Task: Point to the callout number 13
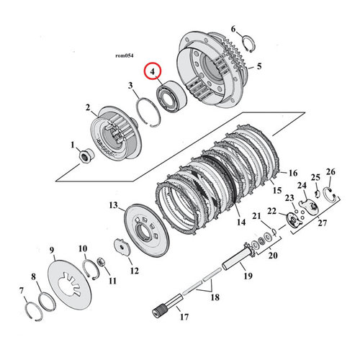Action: tap(112, 205)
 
